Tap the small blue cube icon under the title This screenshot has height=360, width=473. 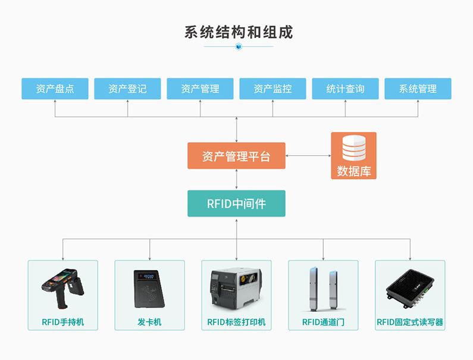coord(239,46)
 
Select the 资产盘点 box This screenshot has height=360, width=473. coord(55,89)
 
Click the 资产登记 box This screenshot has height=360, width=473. coord(127,89)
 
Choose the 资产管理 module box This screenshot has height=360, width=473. coord(200,89)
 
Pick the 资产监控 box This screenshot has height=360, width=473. coord(272,89)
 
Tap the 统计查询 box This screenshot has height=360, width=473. coord(345,89)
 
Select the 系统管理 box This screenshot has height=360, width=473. coord(418,89)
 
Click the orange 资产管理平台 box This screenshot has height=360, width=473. coord(236,156)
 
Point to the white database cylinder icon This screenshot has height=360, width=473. coord(353,148)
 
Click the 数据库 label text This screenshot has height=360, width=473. coord(353,171)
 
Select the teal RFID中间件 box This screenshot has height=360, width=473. coord(236,204)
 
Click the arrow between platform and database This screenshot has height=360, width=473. coord(308,156)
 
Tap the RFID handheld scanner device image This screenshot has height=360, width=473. coord(62,288)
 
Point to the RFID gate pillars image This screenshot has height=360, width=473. coord(323,288)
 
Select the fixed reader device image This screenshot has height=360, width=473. coord(410,289)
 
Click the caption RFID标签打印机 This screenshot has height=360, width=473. coord(236,323)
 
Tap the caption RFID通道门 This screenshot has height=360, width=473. coord(323,323)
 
